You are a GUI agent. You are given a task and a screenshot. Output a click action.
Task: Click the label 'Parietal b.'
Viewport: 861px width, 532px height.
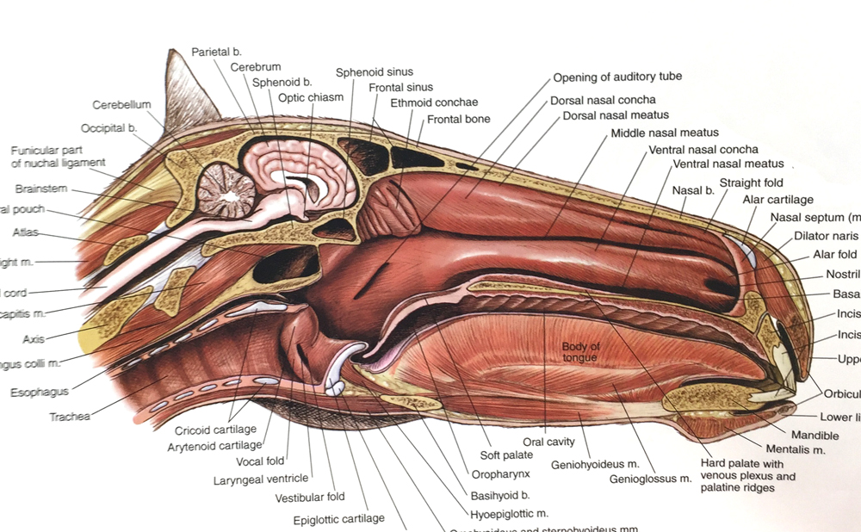coord(216,52)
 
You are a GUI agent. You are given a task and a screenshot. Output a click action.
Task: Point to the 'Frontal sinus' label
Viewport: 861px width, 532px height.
coord(400,87)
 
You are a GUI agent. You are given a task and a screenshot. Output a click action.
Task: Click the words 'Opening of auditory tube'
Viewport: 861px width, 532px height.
coord(617,77)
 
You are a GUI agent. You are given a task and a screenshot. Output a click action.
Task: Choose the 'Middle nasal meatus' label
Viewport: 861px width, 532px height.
coord(664,133)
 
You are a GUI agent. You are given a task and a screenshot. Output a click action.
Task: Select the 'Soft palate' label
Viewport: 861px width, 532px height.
coord(506,455)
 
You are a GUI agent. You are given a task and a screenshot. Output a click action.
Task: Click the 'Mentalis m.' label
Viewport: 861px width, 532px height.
coord(796,449)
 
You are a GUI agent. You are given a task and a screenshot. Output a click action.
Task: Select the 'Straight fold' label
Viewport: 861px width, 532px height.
coord(752,182)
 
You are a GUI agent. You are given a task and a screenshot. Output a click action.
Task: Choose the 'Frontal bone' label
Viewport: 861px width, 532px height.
coord(458,119)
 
